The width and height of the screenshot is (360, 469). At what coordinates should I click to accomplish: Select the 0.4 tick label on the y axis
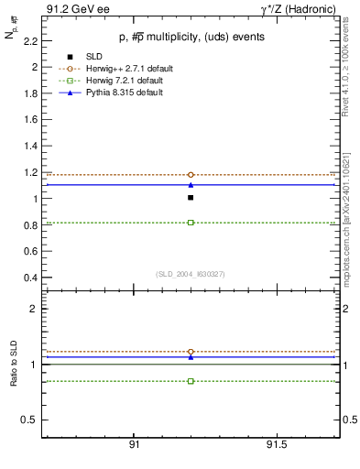click(x=31, y=278)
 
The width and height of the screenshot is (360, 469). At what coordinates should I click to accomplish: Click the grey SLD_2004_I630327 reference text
click(x=191, y=274)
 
